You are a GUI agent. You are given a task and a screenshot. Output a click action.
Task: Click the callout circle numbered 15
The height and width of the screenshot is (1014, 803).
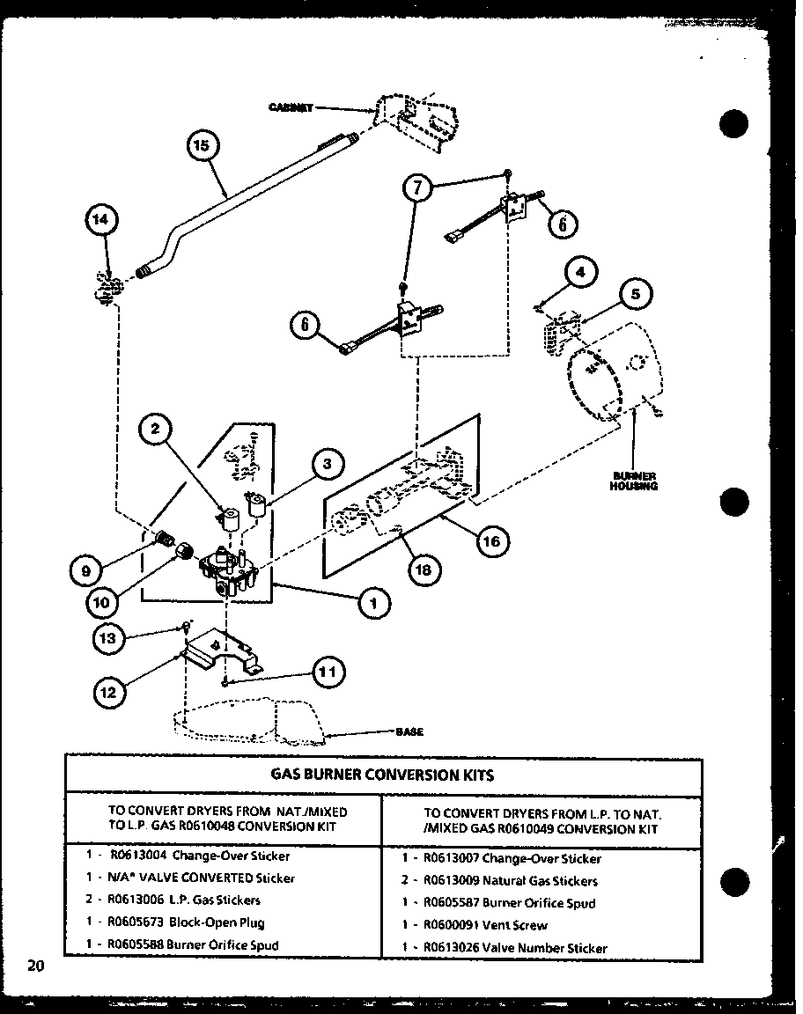click(202, 145)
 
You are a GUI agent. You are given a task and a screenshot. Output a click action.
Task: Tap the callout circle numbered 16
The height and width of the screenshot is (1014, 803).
click(491, 541)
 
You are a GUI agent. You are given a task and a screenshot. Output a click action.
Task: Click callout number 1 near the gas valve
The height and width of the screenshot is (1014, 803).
click(374, 603)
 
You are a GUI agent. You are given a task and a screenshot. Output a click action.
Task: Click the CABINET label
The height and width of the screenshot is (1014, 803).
click(291, 107)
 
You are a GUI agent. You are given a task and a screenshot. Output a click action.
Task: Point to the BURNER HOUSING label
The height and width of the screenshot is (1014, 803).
click(635, 481)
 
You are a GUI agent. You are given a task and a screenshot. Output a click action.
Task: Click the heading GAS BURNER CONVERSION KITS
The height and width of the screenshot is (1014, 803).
click(381, 775)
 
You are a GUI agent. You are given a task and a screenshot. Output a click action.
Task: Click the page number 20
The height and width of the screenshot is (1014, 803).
click(35, 966)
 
